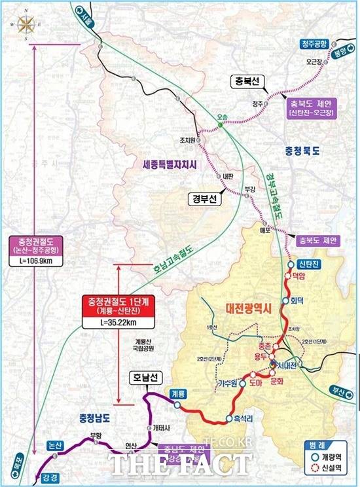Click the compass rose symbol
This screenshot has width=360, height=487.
[x=26, y=24]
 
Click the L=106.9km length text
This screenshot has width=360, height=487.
[x=37, y=262]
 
